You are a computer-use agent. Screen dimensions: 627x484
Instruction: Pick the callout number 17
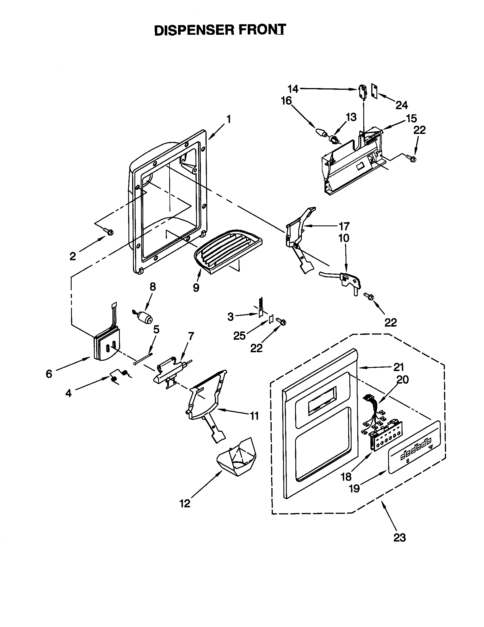(x=344, y=226)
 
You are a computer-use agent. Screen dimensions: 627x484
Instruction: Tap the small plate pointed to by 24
(x=374, y=91)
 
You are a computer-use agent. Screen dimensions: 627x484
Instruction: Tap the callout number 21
(x=399, y=367)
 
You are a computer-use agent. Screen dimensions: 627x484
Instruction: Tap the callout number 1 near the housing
(x=229, y=119)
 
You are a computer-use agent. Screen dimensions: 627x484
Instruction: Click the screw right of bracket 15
(x=411, y=158)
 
